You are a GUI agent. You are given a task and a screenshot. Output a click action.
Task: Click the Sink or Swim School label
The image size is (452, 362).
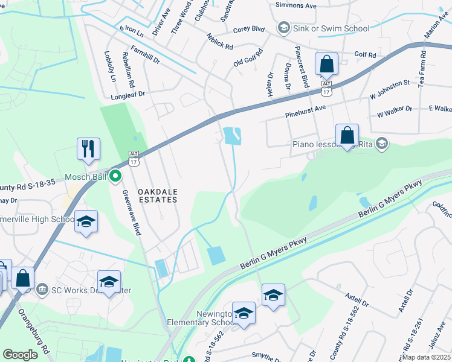coord(331,28)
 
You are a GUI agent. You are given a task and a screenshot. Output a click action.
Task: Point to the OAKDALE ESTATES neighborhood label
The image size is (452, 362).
coord(158,197)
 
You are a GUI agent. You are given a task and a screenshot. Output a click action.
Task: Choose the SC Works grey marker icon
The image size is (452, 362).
coord(42,288)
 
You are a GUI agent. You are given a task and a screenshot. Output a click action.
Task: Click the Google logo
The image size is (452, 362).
coord(21,355)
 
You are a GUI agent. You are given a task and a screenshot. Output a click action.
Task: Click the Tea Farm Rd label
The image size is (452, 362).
coord(422,68)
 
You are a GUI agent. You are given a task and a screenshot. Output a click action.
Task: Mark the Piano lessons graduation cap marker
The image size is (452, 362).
coord(381,144)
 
